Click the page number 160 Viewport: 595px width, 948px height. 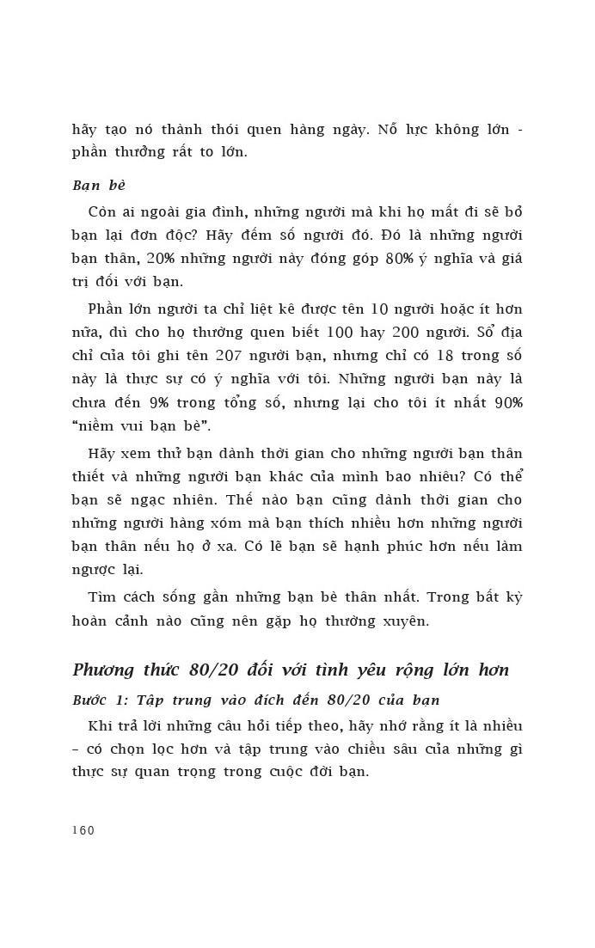[83, 830]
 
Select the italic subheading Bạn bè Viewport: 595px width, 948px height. [99, 186]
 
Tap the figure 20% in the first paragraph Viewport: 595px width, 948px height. [163, 259]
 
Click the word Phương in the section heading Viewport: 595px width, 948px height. [107, 670]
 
